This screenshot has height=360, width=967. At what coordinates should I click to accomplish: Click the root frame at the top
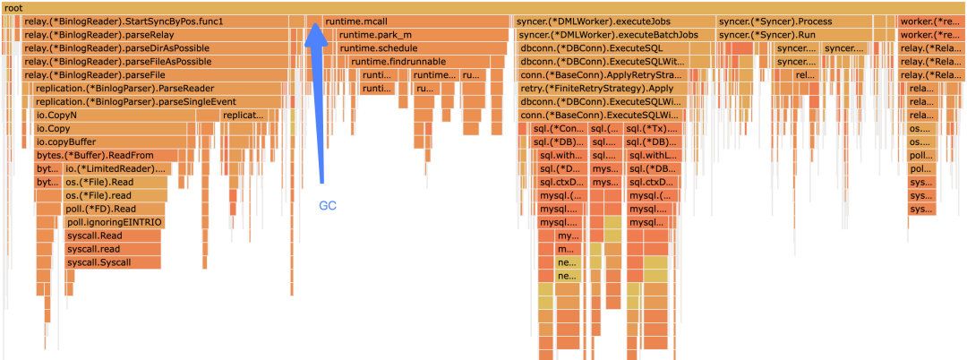(x=483, y=7)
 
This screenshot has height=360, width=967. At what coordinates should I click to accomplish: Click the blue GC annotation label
(x=328, y=205)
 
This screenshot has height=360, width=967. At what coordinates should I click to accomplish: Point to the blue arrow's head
(x=314, y=28)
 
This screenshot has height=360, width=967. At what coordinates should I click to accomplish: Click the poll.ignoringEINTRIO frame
(x=115, y=222)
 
